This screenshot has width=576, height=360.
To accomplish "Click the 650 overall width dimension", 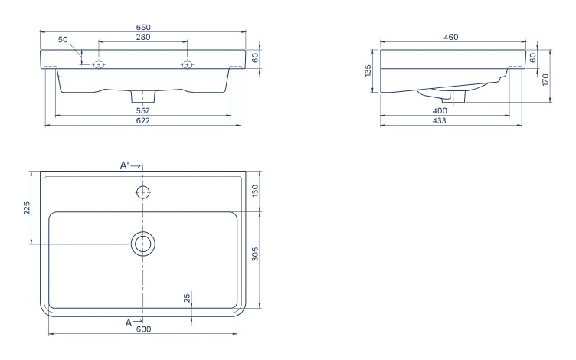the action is [143, 27].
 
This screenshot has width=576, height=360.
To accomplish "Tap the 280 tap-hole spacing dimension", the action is [143, 37].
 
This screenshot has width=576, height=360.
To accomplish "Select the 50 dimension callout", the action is [63, 39].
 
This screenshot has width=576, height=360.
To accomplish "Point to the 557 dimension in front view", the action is [143, 110].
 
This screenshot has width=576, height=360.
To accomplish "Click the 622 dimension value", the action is [143, 120].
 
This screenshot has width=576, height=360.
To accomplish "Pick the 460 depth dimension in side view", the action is [450, 37].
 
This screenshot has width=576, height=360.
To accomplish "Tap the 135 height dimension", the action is [368, 70].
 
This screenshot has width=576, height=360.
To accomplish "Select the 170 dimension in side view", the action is [545, 80].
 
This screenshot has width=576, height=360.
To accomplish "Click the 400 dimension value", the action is [440, 110].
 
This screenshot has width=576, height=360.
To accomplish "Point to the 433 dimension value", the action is [440, 120].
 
